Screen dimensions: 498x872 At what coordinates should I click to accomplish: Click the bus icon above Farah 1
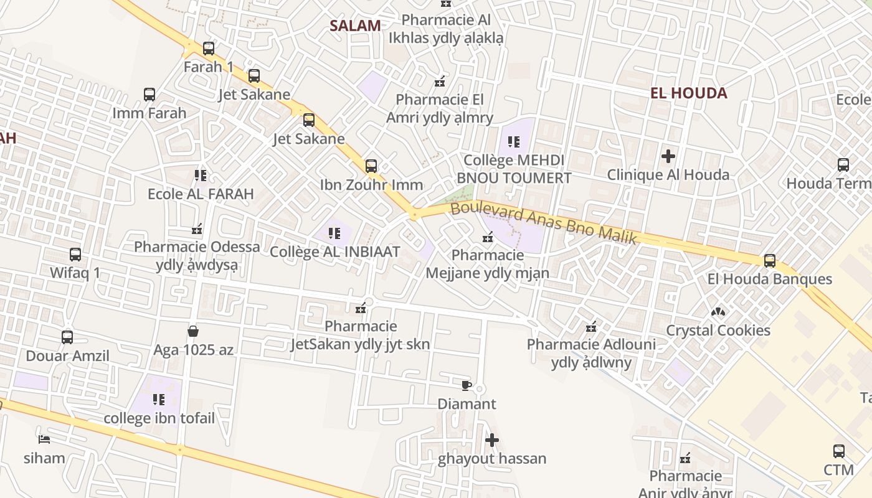click(209, 49)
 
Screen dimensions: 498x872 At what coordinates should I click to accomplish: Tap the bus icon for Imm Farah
click(149, 95)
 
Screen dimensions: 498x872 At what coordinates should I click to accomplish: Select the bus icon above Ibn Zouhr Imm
click(371, 166)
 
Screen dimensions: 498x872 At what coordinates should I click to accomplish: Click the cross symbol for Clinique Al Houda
click(668, 156)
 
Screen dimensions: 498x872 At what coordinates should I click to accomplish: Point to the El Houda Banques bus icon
click(770, 261)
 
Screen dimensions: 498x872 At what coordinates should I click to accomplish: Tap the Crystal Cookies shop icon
click(718, 311)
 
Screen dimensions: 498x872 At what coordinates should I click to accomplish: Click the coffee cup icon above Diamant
click(467, 386)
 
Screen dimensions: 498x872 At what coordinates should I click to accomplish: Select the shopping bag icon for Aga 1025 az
click(193, 331)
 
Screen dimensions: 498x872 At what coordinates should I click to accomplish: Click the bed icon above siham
click(44, 439)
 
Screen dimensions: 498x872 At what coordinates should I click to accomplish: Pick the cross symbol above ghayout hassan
click(492, 440)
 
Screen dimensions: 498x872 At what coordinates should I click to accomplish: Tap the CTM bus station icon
click(839, 451)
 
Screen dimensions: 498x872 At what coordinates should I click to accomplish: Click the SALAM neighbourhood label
click(355, 26)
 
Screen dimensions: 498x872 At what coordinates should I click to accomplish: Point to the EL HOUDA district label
click(688, 93)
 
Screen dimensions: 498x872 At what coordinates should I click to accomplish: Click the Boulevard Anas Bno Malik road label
click(543, 222)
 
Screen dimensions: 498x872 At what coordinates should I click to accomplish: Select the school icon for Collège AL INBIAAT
click(334, 233)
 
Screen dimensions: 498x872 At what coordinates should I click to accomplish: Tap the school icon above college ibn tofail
click(159, 399)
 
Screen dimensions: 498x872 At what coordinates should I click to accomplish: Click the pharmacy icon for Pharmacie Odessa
click(197, 229)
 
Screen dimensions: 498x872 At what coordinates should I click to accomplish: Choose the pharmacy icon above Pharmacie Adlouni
click(591, 326)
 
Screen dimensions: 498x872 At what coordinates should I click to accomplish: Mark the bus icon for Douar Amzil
click(67, 337)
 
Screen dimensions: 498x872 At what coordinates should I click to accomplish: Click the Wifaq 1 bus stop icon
click(75, 255)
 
